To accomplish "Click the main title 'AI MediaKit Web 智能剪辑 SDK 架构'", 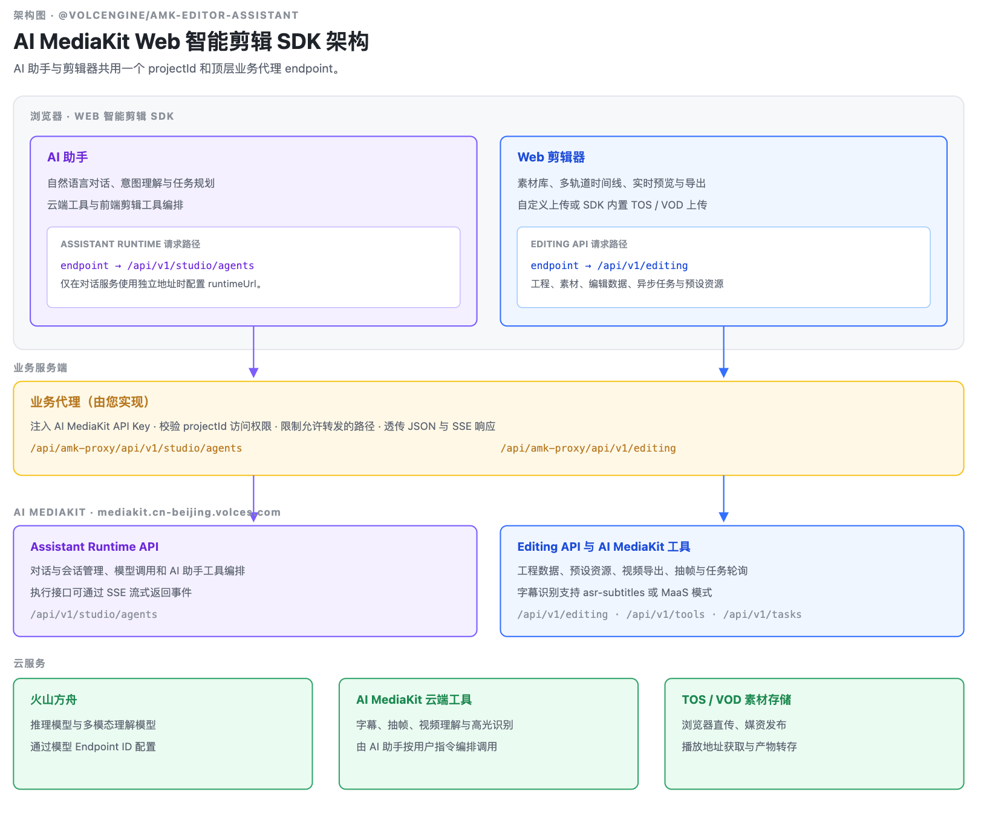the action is point(191,42).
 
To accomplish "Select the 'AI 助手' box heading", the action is point(68,157).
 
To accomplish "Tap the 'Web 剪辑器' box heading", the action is point(551,157).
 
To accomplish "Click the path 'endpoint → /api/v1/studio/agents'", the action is point(157,265).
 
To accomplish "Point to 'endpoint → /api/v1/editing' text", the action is point(609,265).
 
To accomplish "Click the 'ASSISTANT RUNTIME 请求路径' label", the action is point(130,244).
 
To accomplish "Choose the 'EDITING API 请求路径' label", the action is point(579,244).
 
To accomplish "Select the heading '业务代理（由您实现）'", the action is point(90,402).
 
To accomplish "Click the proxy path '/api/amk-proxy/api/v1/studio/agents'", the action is point(136,448).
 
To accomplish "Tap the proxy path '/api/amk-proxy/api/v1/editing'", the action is point(588,448).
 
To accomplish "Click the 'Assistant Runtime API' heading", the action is point(94,547).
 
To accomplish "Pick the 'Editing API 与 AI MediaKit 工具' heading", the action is point(604,547).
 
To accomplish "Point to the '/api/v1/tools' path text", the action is point(665,614).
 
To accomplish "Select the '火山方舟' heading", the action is point(54,700).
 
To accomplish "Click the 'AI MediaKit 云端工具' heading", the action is point(414,700).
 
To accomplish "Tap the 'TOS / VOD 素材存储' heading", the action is point(736,700).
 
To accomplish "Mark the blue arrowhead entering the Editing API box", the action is point(723,517).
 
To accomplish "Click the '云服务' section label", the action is point(30,663).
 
